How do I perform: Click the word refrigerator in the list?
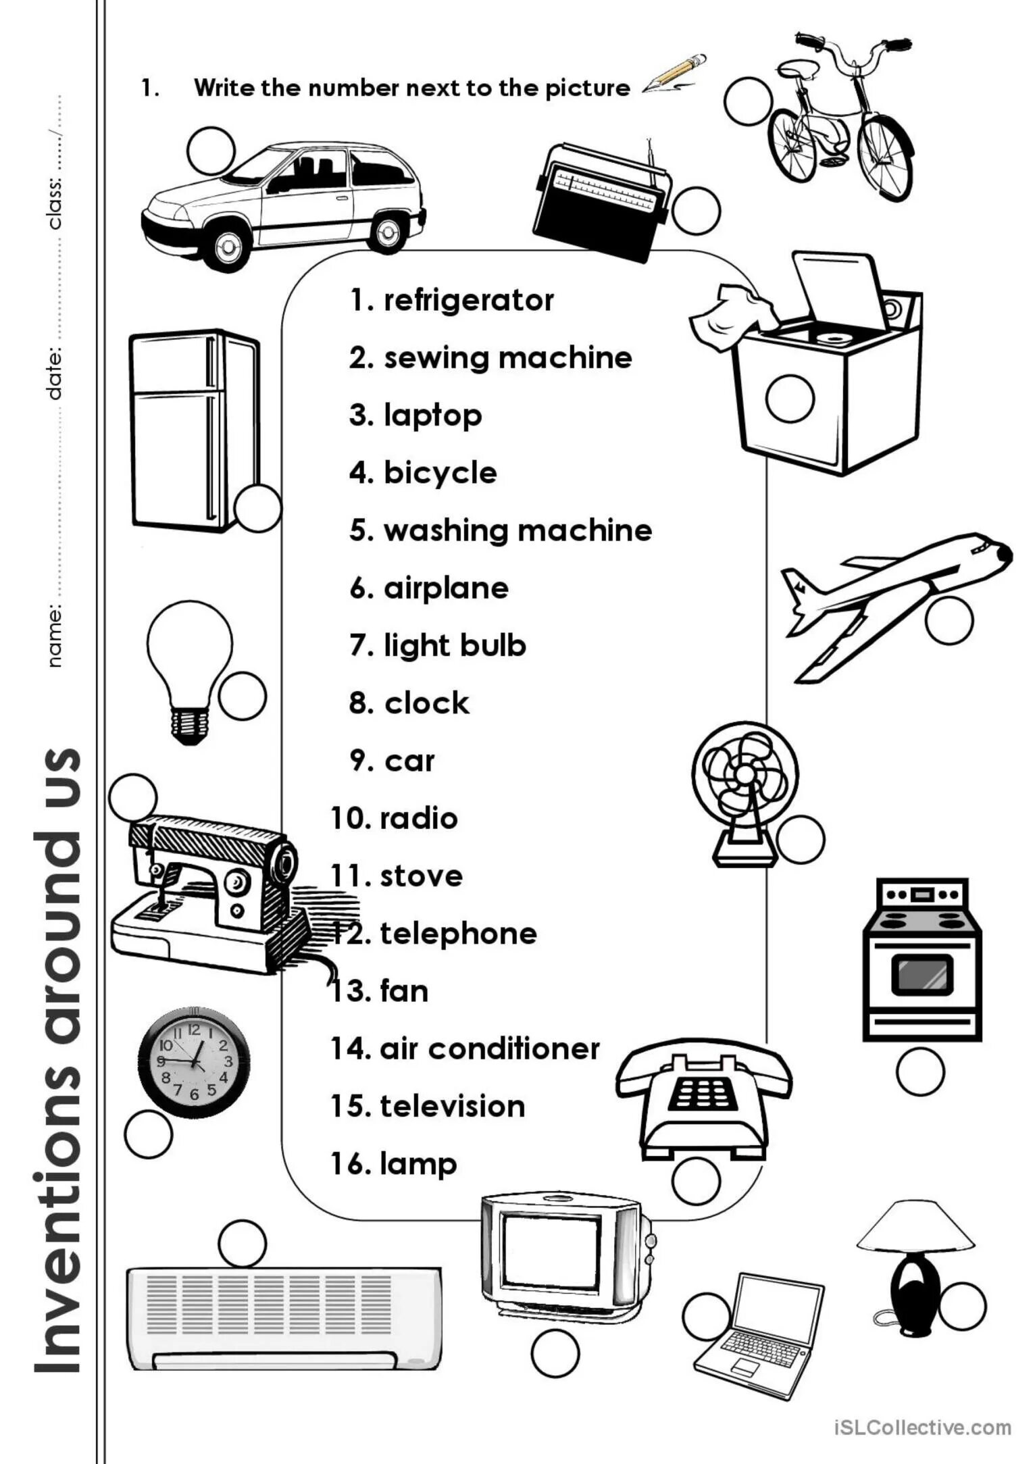point(468,301)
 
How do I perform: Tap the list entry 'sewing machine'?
point(507,358)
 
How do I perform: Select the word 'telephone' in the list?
point(458,934)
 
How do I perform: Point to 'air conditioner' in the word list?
point(489,1049)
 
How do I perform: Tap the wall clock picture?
point(194,1059)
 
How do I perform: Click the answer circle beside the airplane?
point(949,620)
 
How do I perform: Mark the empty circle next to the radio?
point(697,211)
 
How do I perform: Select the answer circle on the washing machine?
point(789,399)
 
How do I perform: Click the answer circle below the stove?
point(920,1071)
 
